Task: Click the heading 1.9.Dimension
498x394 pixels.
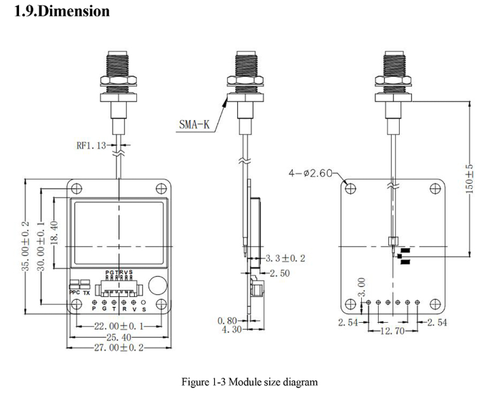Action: tap(62, 12)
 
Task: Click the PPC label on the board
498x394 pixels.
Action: tap(75, 293)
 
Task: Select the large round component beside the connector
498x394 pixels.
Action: tap(157, 285)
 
